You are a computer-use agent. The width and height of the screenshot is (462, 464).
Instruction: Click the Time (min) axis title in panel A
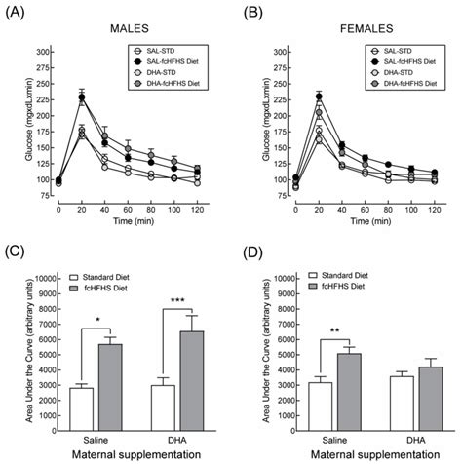(130, 221)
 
